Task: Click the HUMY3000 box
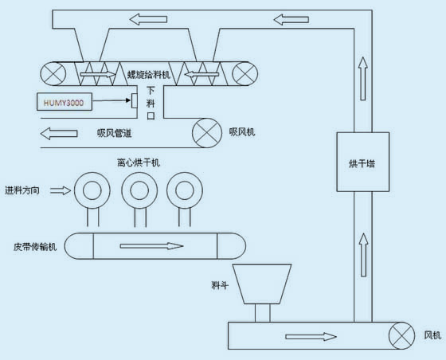[65, 102]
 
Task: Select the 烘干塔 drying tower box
[362, 162]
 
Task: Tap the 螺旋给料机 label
[148, 75]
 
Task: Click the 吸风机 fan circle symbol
[207, 133]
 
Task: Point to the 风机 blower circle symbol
[401, 335]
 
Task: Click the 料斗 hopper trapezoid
[262, 284]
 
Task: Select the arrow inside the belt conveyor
[151, 246]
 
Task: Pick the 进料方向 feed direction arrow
[61, 190]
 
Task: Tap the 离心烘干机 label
[139, 162]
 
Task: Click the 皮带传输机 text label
[35, 247]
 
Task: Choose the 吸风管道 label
[115, 133]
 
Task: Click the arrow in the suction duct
[59, 133]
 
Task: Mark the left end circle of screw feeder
[53, 73]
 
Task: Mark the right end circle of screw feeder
[245, 73]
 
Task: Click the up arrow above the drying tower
[362, 79]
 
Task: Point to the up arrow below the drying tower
[363, 255]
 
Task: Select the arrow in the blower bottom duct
[311, 337]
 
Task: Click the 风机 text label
[432, 335]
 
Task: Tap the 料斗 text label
[220, 285]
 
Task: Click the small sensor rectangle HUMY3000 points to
[135, 100]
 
